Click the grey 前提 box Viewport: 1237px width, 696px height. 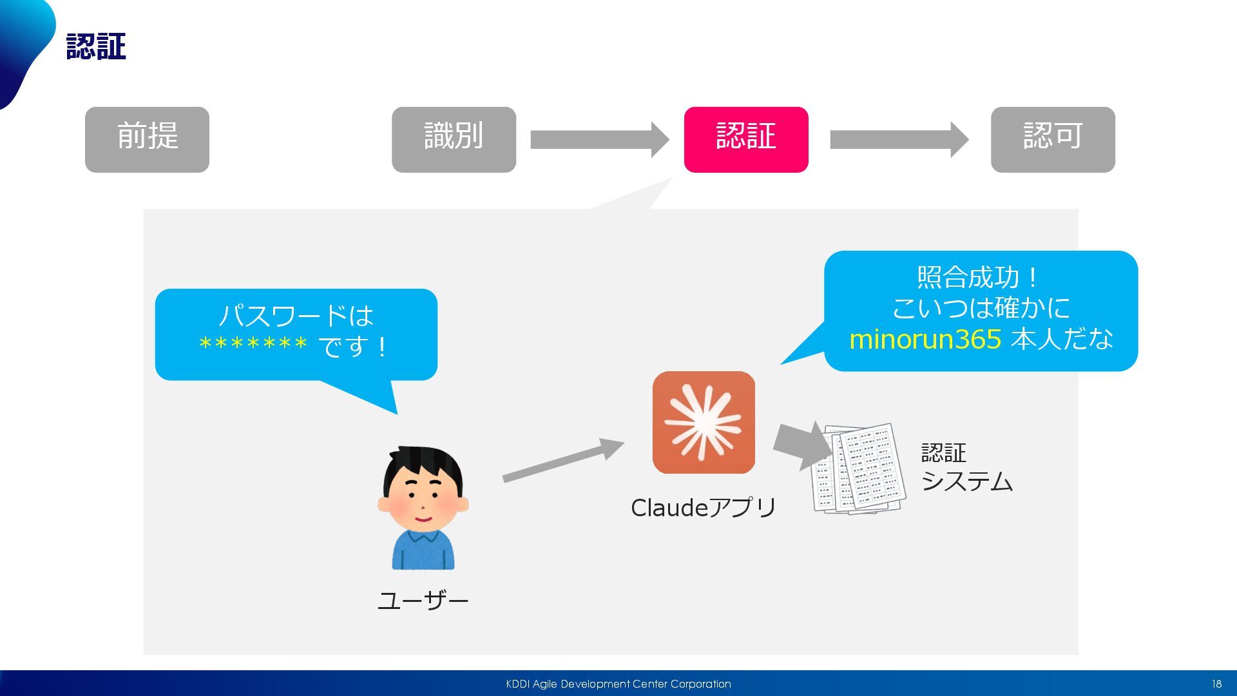(147, 139)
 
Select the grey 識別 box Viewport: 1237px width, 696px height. (454, 139)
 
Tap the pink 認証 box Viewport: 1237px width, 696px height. (745, 139)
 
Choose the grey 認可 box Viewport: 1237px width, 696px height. (1052, 139)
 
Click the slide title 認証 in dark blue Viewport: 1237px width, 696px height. (96, 47)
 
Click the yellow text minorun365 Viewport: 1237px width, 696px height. (925, 339)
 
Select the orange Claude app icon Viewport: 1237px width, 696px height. (704, 422)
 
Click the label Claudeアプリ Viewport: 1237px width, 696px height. (704, 508)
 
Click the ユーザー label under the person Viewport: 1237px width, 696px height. (423, 601)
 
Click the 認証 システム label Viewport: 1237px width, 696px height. (966, 467)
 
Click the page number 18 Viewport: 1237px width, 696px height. (1216, 684)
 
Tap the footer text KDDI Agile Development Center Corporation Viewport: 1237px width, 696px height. (618, 684)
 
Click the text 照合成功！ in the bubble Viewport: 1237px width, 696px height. (979, 278)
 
